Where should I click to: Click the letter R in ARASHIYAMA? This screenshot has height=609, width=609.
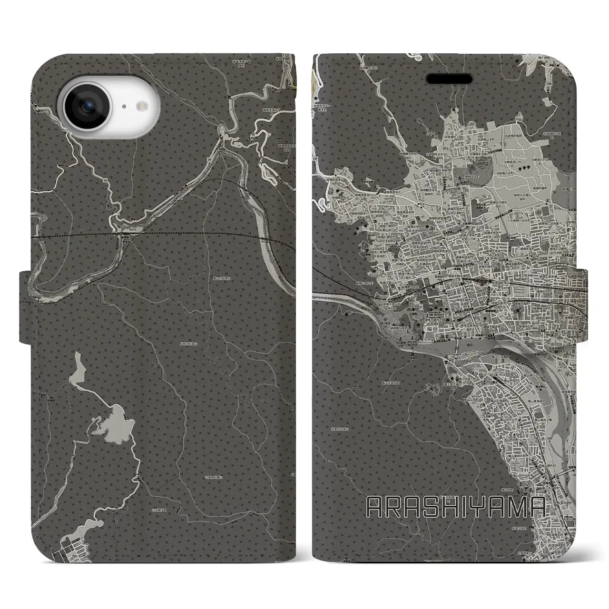pyautogui.click(x=396, y=508)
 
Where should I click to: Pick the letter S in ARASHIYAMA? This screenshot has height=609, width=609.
pyautogui.click(x=433, y=508)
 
